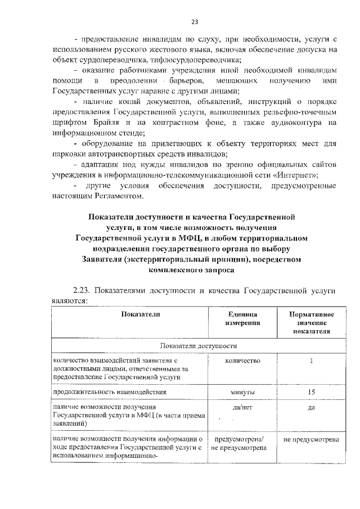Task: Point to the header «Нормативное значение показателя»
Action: click(311, 323)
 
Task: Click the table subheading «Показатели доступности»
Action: click(199, 345)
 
